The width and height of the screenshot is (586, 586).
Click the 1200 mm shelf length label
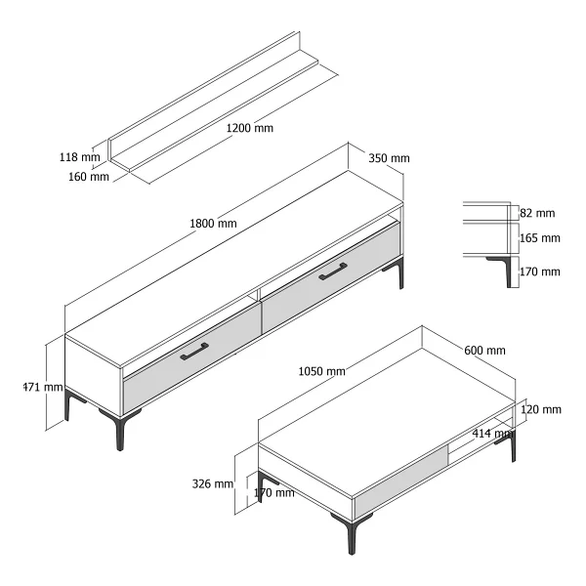250,128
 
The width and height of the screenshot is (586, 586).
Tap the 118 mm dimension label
80,157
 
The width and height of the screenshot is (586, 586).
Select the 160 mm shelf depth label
89,177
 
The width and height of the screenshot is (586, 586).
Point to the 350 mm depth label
389,158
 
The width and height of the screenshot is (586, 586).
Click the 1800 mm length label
213,224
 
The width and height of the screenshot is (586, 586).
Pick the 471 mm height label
43,387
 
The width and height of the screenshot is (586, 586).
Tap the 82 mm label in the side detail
537,213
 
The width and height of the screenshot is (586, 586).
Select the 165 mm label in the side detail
540,237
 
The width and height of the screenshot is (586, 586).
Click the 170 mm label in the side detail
540,272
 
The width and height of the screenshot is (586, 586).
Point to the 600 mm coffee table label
484,351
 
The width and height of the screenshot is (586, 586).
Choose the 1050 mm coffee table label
321,371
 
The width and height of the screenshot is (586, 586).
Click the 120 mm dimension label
541,409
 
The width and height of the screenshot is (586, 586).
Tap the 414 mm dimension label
492,434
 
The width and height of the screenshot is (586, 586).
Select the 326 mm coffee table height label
213,484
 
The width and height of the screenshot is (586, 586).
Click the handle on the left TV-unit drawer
194,352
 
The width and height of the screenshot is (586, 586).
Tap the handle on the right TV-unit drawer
333,272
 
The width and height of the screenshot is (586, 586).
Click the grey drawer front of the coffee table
400,481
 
